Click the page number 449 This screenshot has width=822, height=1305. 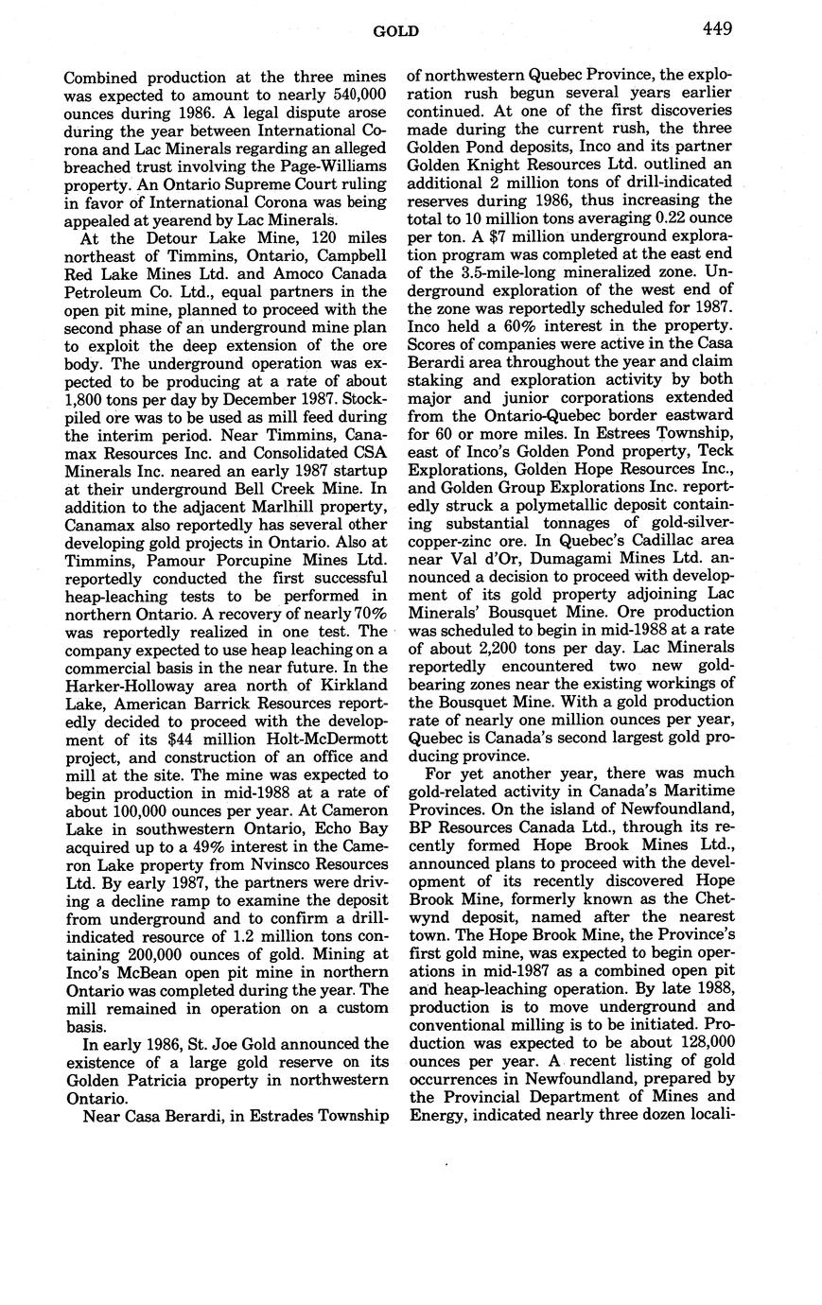(x=717, y=29)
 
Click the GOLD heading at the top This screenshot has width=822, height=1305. (x=396, y=32)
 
